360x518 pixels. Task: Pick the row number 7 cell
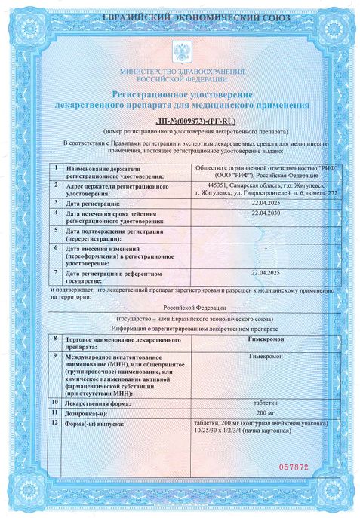[x=56, y=271]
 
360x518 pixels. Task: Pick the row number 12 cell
[x=56, y=424]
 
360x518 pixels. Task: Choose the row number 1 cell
[x=56, y=168]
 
